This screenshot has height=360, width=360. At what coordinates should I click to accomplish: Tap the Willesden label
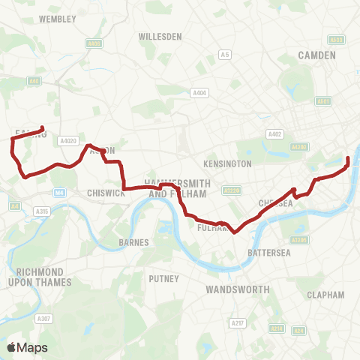pyautogui.click(x=160, y=36)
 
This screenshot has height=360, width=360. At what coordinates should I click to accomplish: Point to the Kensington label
pyautogui.click(x=227, y=163)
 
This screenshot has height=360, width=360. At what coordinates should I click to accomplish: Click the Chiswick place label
pyautogui.click(x=104, y=193)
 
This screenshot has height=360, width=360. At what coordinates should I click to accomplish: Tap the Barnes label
pyautogui.click(x=135, y=243)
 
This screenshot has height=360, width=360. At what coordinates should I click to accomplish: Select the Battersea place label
pyautogui.click(x=268, y=253)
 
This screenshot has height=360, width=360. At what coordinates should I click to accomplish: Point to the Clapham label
pyautogui.click(x=325, y=295)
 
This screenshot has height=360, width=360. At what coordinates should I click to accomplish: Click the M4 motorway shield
pyautogui.click(x=58, y=193)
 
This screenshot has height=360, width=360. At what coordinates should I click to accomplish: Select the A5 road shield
pyautogui.click(x=224, y=54)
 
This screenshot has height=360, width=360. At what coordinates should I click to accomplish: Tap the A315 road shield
pyautogui.click(x=42, y=212)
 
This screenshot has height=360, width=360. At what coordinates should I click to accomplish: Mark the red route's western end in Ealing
pyautogui.click(x=42, y=128)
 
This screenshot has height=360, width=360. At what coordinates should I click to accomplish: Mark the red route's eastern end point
pyautogui.click(x=348, y=157)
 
